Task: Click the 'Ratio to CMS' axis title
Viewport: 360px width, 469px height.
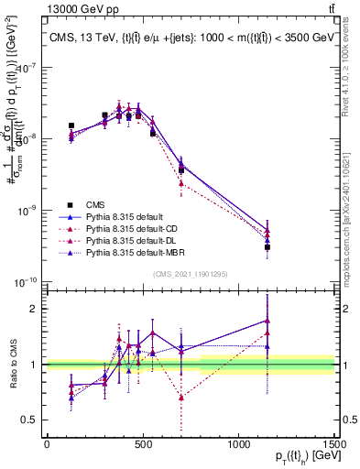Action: (x=13, y=365)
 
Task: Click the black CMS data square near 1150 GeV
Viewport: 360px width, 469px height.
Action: (x=267, y=247)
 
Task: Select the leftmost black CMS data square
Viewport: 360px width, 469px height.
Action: (x=71, y=125)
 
